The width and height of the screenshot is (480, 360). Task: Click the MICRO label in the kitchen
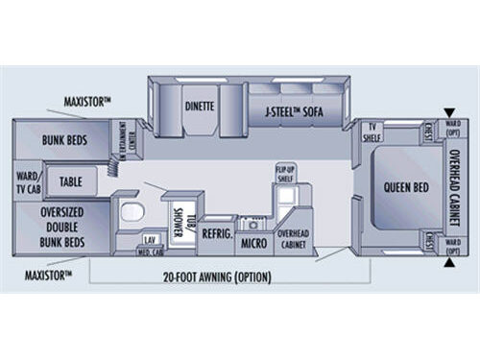click(253, 243)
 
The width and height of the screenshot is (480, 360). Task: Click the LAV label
click(149, 239)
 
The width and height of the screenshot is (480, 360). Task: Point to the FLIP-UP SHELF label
click(284, 172)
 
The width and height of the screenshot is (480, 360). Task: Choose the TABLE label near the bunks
click(71, 180)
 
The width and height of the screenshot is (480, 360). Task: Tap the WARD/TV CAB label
click(27, 180)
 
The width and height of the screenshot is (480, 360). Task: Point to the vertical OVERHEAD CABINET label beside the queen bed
click(456, 186)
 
